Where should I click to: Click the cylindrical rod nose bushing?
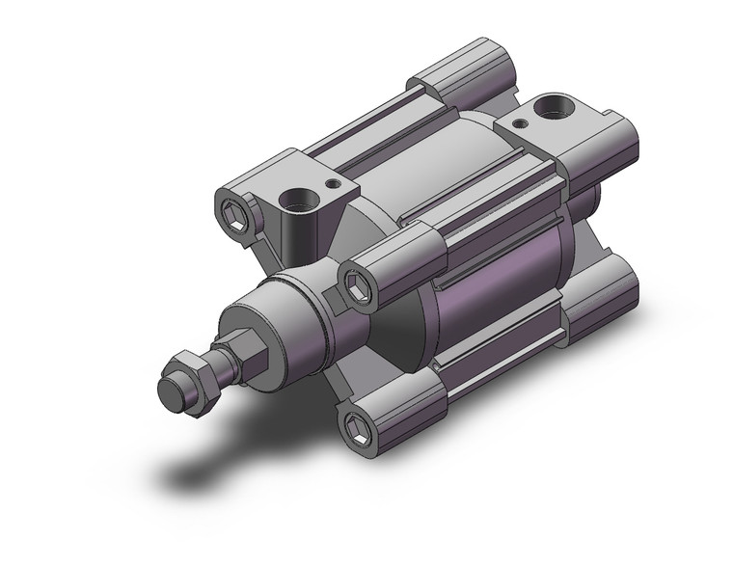tap(280, 317)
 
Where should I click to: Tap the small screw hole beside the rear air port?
tap(521, 122)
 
